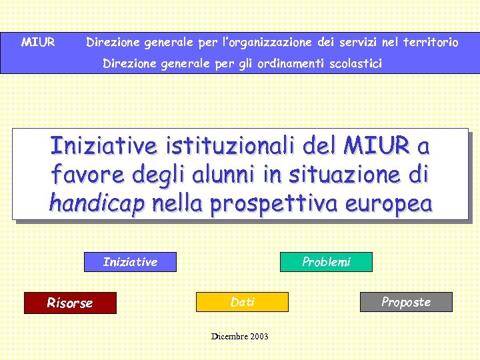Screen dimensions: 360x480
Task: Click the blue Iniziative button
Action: click(130, 262)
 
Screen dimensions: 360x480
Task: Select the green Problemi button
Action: click(326, 262)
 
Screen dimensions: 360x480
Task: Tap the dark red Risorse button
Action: click(70, 303)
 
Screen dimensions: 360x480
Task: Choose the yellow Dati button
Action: click(242, 302)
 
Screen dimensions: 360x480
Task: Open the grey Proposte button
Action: click(406, 302)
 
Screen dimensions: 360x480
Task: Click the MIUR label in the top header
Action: click(38, 43)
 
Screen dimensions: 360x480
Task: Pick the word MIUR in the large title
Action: click(377, 145)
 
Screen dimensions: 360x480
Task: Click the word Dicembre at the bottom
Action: click(229, 337)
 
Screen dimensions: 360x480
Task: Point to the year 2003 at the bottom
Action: click(259, 337)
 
